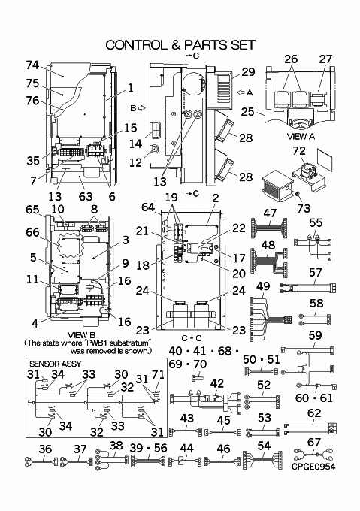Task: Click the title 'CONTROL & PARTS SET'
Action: (x=180, y=45)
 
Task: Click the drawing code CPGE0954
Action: (x=313, y=467)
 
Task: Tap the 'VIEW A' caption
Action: (x=301, y=137)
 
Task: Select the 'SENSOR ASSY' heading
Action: (x=56, y=364)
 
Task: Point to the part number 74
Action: (x=32, y=65)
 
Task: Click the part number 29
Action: (x=248, y=72)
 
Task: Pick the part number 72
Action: (x=299, y=150)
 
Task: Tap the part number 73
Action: (x=304, y=208)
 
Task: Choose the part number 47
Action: (x=270, y=213)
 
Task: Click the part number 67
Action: (x=314, y=442)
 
